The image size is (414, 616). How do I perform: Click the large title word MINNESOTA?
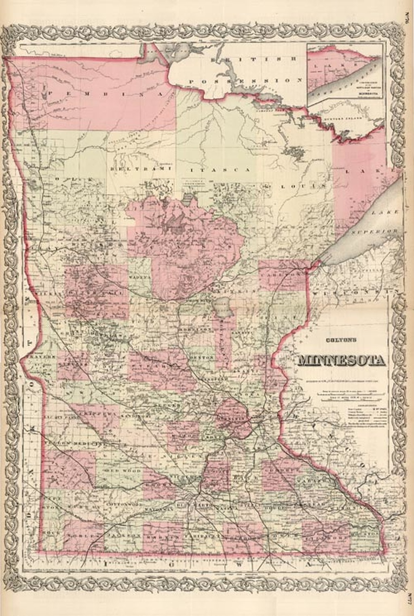click(341, 360)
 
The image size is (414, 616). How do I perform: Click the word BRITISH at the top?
click(254, 59)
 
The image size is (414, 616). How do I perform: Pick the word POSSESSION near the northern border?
click(245, 81)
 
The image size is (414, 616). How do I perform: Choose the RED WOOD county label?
click(117, 471)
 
